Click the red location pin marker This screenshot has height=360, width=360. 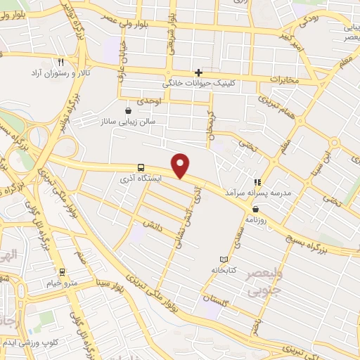pyautogui.click(x=181, y=165)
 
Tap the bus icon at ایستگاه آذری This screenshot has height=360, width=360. pyautogui.click(x=141, y=167)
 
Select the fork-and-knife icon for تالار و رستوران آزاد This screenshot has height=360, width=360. pyautogui.click(x=61, y=62)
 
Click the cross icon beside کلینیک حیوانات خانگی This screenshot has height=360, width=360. pyautogui.click(x=199, y=72)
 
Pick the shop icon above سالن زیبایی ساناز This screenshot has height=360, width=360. pyautogui.click(x=128, y=110)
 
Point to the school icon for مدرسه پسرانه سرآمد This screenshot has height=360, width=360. pyautogui.click(x=257, y=181)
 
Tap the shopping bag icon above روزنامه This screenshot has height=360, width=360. pyautogui.click(x=255, y=209)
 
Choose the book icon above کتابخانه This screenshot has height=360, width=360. pyautogui.click(x=224, y=259)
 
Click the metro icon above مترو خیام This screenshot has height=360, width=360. pyautogui.click(x=62, y=272)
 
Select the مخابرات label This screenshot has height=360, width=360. pyautogui.click(x=286, y=79)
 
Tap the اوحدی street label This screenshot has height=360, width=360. pyautogui.click(x=149, y=102)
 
